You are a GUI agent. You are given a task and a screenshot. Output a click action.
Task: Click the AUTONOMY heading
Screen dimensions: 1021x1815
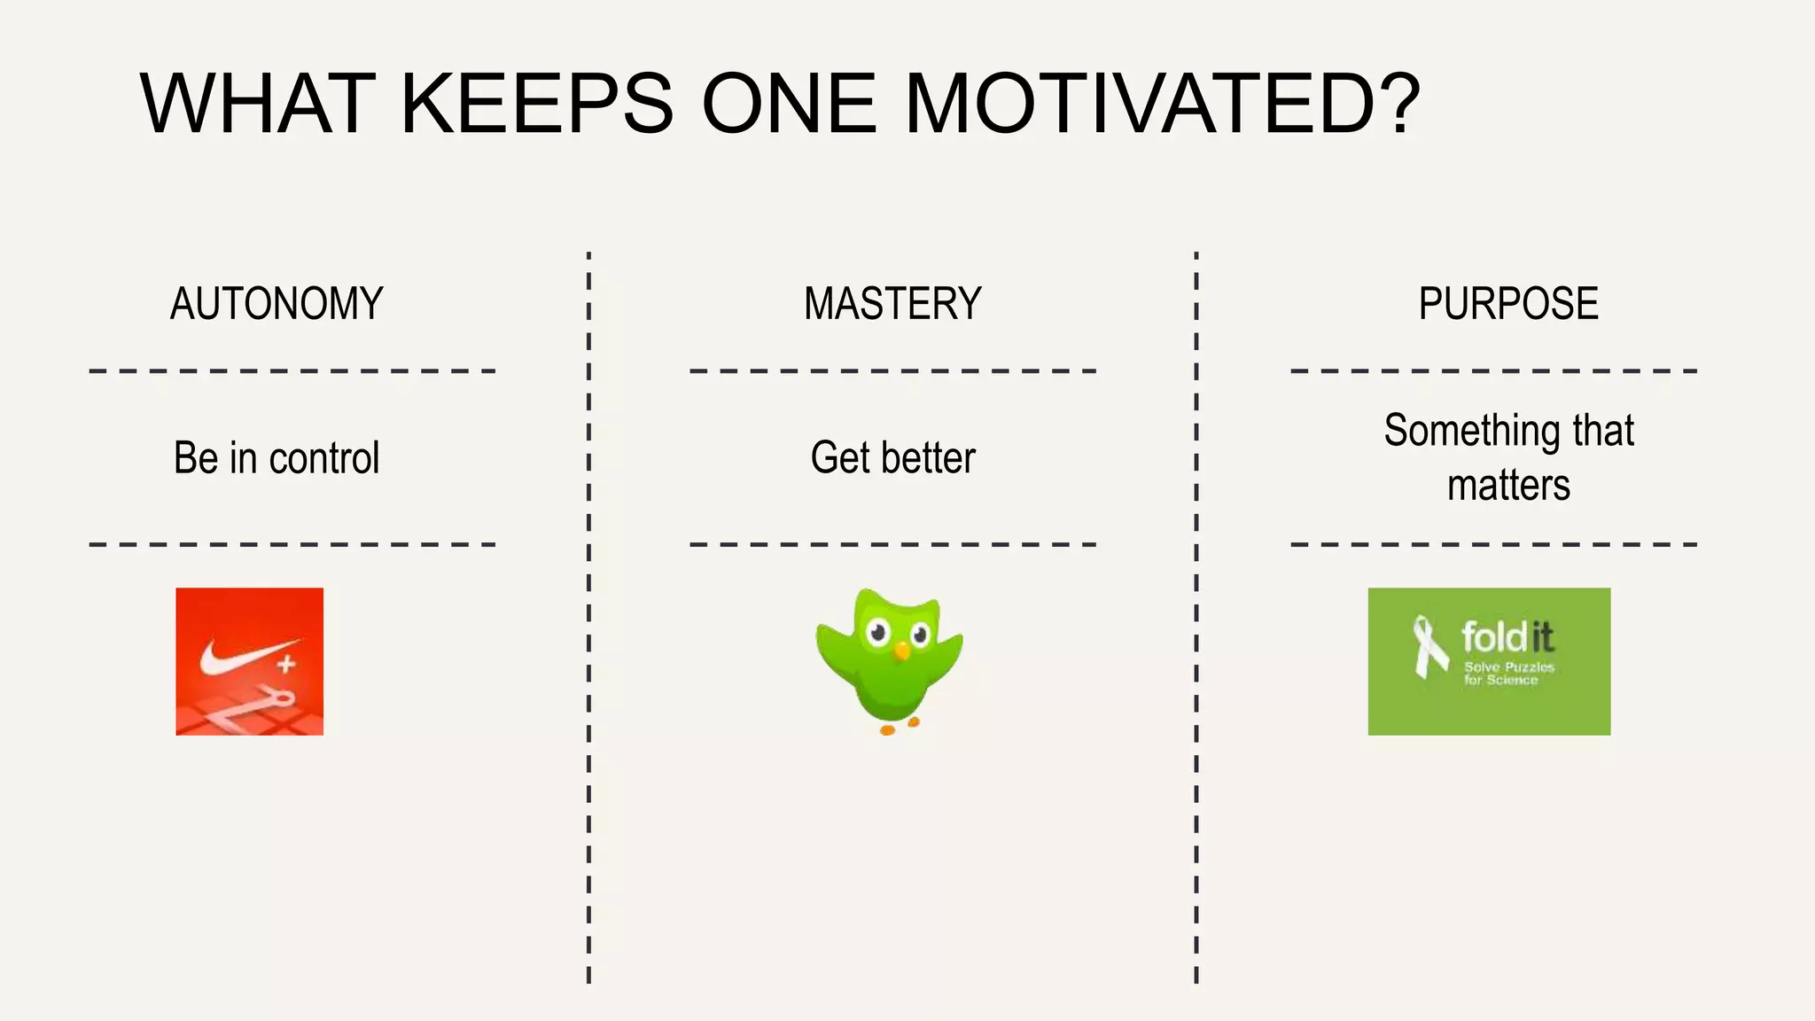pos(277,304)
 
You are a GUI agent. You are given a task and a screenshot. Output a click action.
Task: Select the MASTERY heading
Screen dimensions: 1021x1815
pos(892,304)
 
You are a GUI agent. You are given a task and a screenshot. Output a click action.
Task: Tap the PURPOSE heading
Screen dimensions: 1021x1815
pos(1508,304)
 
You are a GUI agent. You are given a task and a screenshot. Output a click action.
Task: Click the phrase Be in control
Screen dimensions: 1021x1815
pos(277,458)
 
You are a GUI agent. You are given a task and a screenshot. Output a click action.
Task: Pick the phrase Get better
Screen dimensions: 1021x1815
pos(892,458)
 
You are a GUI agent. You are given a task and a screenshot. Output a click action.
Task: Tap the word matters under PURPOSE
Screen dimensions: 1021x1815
pos(1508,486)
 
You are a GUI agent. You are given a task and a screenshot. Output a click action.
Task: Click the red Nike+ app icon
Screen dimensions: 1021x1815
pos(249,661)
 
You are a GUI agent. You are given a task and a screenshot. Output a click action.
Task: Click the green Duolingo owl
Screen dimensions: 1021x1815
pos(890,660)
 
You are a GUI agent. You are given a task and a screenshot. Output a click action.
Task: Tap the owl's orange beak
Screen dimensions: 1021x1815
pos(901,651)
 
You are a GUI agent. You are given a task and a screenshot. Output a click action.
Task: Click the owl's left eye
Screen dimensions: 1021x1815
pos(878,633)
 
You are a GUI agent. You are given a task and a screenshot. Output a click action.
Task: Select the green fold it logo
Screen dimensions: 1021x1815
pos(1489,661)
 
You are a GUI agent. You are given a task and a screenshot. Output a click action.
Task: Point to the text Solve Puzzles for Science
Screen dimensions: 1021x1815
pos(1508,674)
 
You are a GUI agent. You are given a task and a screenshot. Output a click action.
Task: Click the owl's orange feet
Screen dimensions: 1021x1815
pos(899,727)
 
